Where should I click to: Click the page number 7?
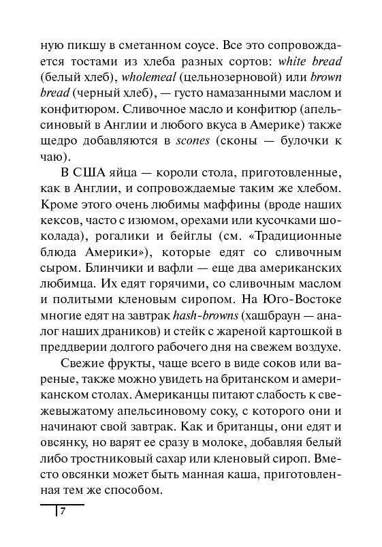(62, 512)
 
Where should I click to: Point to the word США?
(89, 171)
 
